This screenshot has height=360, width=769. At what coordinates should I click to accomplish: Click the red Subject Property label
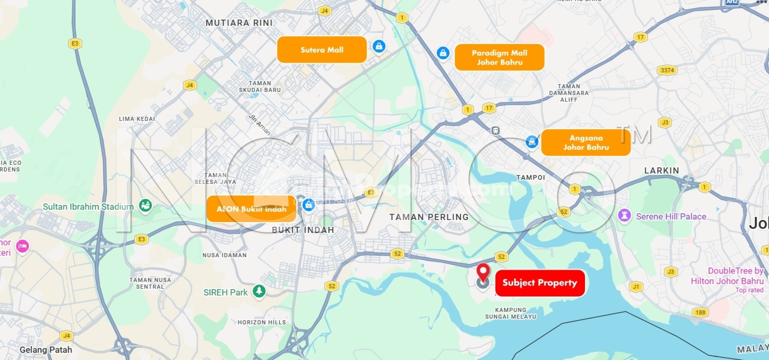point(540,283)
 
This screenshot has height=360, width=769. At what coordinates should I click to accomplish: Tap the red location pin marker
point(483,271)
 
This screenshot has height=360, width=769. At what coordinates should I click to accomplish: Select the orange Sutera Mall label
point(322,50)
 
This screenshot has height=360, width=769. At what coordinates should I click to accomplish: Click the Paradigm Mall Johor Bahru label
point(499,57)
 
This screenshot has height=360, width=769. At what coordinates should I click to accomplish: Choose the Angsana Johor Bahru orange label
point(585,143)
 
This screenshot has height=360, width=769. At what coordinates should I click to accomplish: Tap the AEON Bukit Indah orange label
point(251,209)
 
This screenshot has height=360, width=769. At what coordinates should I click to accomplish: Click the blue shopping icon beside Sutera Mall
point(379,47)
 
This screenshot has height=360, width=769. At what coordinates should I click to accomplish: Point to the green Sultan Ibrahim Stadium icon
point(145,205)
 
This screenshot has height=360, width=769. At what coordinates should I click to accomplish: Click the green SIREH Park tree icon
point(259,291)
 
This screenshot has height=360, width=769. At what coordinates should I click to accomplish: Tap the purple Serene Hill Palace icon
point(624,216)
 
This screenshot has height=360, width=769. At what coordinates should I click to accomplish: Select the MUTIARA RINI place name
point(239,23)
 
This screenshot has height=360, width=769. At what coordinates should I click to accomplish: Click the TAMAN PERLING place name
point(429,217)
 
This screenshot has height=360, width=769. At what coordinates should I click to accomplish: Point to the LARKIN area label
point(662,170)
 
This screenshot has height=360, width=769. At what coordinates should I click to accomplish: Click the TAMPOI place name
point(530,177)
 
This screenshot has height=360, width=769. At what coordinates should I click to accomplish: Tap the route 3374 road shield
point(667,70)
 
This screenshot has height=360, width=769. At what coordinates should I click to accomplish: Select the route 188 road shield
point(700,312)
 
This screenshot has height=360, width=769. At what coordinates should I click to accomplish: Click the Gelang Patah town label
point(45,349)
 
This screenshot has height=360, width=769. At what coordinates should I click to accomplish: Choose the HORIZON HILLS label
point(262,322)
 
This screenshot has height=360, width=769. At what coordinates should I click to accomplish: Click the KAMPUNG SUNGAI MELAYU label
point(511,313)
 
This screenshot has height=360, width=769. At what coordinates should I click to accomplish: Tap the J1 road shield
point(636,287)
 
